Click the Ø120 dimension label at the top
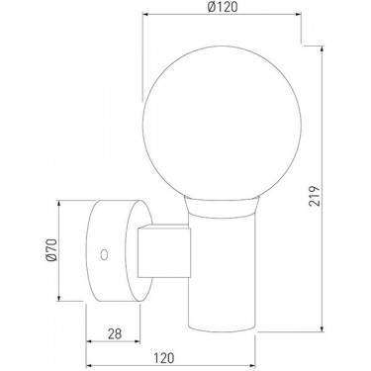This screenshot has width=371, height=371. [x=223, y=7]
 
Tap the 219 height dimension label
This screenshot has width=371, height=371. [x=315, y=196]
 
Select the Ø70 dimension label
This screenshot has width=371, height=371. [x=51, y=249]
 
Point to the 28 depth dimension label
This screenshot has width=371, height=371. [x=115, y=333]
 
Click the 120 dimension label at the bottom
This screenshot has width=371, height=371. [x=163, y=358]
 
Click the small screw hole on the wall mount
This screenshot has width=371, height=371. [x=104, y=254]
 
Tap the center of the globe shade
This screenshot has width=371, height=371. [x=222, y=123]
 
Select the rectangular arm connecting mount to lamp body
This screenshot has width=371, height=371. [x=164, y=251]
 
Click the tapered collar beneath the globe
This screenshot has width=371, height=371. [x=222, y=207]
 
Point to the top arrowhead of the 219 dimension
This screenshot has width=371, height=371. [x=322, y=48]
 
